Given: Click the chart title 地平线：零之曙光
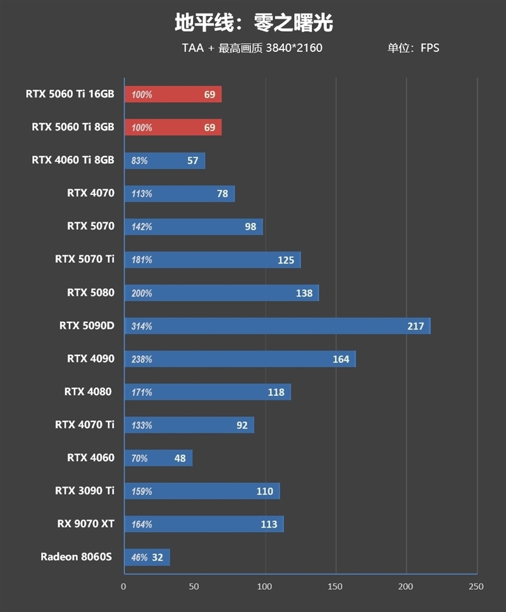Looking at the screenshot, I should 253,23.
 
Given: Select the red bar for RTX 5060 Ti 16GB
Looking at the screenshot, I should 173,94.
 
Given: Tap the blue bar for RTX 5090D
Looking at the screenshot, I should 277,326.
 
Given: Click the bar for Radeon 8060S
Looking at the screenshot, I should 147,558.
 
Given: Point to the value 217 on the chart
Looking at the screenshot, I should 416,326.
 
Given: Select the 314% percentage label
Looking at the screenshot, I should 142,326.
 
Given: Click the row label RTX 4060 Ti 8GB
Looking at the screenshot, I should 73,160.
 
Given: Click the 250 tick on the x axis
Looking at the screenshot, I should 476,587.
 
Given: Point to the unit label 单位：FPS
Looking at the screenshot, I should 413,48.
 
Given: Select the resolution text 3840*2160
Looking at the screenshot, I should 294,48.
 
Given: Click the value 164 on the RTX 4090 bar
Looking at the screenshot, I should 341,359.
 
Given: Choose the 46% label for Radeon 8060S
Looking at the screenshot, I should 139,558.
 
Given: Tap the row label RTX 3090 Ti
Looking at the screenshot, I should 85,491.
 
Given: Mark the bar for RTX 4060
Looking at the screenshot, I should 158,458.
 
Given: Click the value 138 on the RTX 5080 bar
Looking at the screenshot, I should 304,293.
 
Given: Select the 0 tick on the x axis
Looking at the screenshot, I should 124,587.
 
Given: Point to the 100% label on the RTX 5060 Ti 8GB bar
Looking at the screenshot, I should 142,127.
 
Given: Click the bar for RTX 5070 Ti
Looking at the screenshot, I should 212,260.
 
